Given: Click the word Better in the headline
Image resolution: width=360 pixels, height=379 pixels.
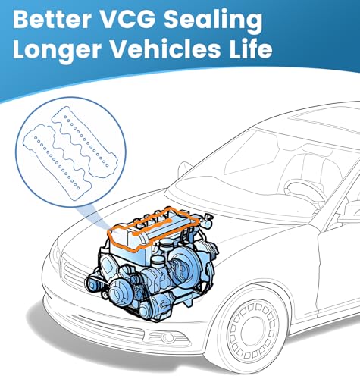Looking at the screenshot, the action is tap(52, 19).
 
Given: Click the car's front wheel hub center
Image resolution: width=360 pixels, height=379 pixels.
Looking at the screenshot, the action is tap(253, 330).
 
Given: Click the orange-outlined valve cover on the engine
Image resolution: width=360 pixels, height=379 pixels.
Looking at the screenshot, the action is tap(154, 230).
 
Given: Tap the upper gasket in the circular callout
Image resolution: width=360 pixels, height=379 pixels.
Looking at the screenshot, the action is tap(85, 141).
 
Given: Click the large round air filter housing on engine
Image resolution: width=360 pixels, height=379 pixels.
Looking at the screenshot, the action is tap(186, 264).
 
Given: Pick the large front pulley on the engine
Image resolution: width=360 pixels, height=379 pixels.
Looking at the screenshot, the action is tap(118, 293).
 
